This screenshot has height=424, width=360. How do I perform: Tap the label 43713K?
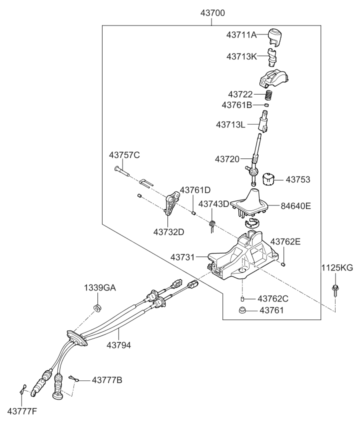tap(242, 56)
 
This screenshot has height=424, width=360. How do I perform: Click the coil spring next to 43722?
tap(269, 94)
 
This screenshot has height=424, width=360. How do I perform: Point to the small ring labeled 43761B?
tap(267, 105)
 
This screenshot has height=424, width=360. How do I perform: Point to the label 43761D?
tap(195, 190)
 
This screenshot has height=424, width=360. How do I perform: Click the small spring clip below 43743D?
tap(212, 225)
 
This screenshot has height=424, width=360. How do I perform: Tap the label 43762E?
tap(285, 241)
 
